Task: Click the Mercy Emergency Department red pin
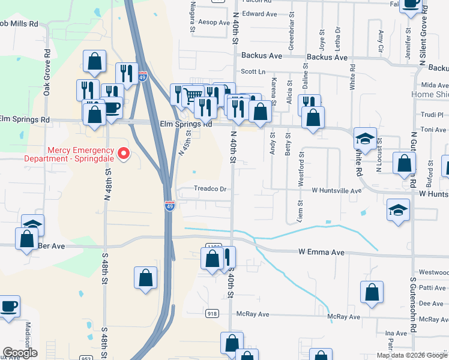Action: click(x=124, y=154)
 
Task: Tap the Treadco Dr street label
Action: click(x=210, y=189)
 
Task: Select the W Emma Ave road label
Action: click(x=322, y=253)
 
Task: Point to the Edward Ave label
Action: click(x=261, y=13)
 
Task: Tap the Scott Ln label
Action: click(x=253, y=71)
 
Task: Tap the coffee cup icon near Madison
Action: click(x=8, y=307)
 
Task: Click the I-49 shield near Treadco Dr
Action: click(x=170, y=206)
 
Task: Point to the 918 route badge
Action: click(x=212, y=313)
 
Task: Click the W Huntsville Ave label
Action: click(x=336, y=190)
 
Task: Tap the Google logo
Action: click(x=19, y=353)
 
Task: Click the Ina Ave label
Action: click(x=396, y=334)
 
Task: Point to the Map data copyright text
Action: click(x=412, y=355)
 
